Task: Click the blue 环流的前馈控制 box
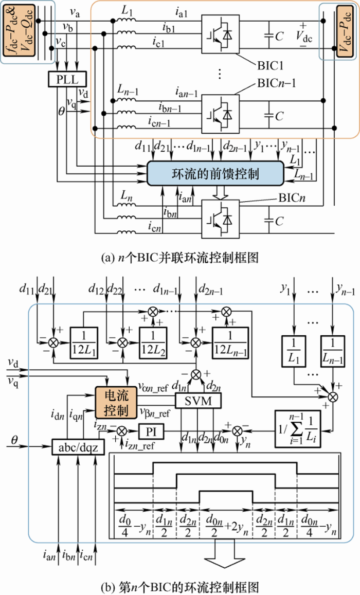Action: pos(215,174)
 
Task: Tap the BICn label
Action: pos(294,197)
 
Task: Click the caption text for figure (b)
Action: pos(179,585)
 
